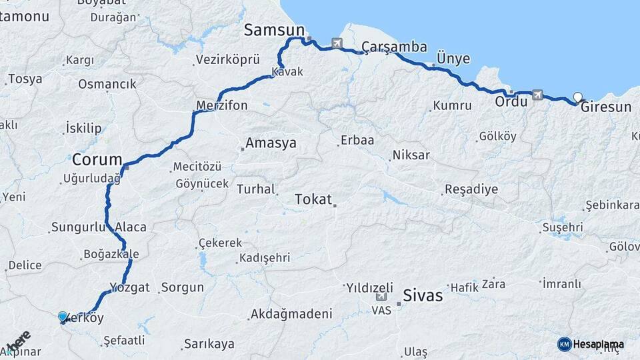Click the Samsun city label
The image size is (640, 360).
273,30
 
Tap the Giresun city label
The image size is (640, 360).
605,107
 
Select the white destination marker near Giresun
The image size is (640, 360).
577,97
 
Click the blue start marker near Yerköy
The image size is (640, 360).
63,317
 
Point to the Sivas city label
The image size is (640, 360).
423,295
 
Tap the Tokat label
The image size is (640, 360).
313,199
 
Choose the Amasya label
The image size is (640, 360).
271,143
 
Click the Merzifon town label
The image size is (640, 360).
221,105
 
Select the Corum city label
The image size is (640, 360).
97,160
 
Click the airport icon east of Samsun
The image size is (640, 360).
337,45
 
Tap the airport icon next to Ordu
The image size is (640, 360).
537,97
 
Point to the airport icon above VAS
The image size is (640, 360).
381,298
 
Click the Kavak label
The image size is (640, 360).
287,71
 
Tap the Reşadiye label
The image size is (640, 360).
471,189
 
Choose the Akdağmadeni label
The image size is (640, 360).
291,314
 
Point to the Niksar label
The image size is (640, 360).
411,155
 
